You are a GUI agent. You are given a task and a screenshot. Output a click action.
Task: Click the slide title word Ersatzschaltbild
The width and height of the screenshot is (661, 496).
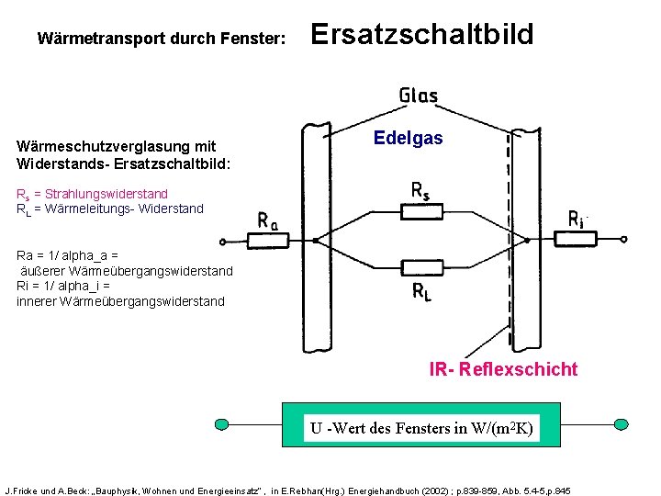pyautogui.click(x=422, y=35)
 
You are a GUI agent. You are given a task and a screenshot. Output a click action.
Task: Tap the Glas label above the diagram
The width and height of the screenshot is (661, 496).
pyautogui.click(x=419, y=95)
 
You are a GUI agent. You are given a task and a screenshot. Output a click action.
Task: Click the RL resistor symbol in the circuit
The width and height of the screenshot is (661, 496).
pyautogui.click(x=420, y=265)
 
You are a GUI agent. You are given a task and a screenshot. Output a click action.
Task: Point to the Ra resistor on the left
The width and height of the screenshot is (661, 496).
pyautogui.click(x=268, y=241)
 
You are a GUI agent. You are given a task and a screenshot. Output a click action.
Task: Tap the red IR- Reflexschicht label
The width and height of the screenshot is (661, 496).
pyautogui.click(x=503, y=369)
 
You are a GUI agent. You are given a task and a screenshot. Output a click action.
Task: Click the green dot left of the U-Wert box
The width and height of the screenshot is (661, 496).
pyautogui.click(x=221, y=424)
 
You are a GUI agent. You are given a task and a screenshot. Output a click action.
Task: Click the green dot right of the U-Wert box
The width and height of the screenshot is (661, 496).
pyautogui.click(x=620, y=424)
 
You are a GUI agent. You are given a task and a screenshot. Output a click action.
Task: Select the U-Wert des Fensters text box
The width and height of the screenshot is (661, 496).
pyautogui.click(x=420, y=428)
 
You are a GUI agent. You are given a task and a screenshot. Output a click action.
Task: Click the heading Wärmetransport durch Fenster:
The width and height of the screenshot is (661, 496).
pyautogui.click(x=162, y=39)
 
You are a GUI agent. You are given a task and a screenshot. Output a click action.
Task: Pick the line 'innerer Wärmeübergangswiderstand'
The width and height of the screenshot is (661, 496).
pyautogui.click(x=120, y=301)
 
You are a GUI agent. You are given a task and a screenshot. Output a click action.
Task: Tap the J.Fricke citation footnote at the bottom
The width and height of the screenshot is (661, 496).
pyautogui.click(x=288, y=491)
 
